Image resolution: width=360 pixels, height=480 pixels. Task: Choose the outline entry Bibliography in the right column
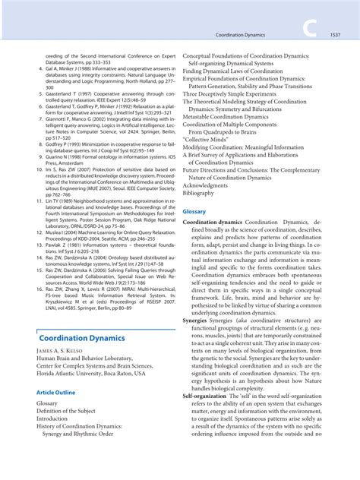[x=203, y=193]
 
